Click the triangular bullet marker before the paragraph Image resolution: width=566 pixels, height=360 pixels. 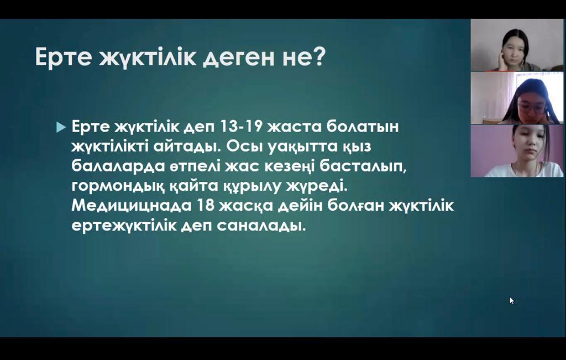click(x=61, y=127)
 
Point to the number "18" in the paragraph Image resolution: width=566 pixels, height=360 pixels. click(x=205, y=205)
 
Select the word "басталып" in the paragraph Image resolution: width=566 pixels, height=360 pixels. click(x=363, y=166)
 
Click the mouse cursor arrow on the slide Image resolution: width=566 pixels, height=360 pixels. click(x=511, y=300)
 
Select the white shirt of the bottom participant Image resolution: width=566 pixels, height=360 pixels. click(x=523, y=170)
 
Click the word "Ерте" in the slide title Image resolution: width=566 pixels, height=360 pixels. click(x=63, y=57)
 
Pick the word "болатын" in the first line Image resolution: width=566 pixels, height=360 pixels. click(x=363, y=127)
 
